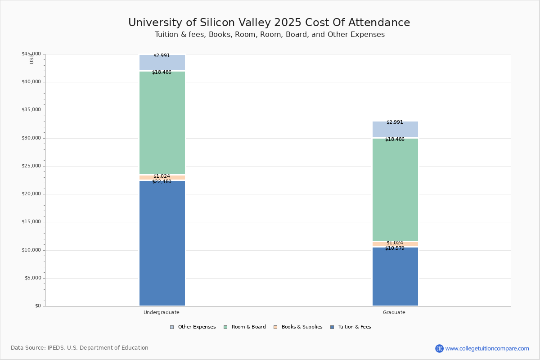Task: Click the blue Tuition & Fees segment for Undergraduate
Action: coord(162,243)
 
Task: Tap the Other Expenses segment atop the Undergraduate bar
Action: coord(162,63)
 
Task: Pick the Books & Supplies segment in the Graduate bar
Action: coord(395,244)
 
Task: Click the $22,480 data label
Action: coord(162,182)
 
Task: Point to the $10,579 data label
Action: coord(395,248)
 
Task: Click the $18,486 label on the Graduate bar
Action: coord(395,139)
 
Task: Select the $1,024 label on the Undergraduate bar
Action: coord(162,176)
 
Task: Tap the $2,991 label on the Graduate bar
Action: coord(395,122)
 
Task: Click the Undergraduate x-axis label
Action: coord(162,312)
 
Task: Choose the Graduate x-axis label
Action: coord(394,312)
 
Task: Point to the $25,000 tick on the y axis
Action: coord(31,166)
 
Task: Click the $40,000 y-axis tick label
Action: coord(31,82)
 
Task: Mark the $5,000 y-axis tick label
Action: coord(32,278)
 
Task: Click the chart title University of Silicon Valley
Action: coord(269,23)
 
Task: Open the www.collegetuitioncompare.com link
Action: coord(487,348)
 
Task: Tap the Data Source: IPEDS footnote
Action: coord(80,348)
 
